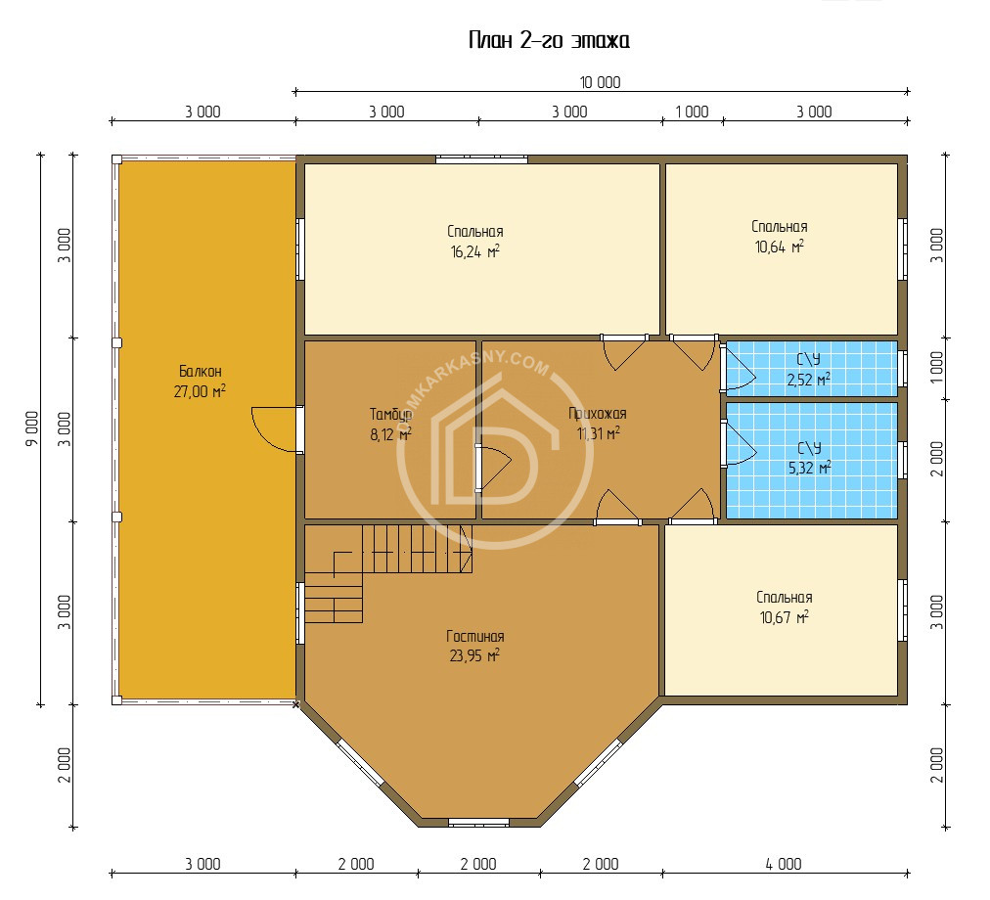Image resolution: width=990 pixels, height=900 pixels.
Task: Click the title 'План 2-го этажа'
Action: point(549,40)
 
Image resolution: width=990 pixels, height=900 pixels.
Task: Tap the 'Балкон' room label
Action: point(201,371)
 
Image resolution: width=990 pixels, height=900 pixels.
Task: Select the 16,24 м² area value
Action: point(474,252)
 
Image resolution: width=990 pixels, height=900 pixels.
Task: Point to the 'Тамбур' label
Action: point(391,415)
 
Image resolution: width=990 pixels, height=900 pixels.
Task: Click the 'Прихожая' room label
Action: point(598,414)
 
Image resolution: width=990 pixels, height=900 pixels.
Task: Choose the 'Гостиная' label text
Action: point(474,636)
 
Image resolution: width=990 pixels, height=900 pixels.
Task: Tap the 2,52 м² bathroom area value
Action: point(808,380)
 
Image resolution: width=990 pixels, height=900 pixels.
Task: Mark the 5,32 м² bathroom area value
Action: point(809,468)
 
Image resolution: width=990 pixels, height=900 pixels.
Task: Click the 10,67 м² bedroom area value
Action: point(785,617)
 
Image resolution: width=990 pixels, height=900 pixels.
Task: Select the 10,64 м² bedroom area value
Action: point(779,247)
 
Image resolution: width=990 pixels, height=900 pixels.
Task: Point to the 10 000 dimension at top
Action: point(600,83)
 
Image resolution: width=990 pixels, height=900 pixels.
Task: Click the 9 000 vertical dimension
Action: point(31,428)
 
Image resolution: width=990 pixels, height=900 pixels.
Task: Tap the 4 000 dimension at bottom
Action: point(784,864)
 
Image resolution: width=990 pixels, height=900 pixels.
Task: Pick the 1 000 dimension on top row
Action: point(692,112)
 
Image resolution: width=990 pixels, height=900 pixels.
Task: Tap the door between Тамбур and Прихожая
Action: point(493,468)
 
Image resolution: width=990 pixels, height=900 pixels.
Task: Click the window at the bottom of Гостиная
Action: point(478,823)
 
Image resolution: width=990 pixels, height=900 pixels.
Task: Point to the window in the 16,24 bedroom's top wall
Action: point(481,159)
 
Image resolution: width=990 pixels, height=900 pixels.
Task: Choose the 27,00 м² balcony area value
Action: point(200,391)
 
